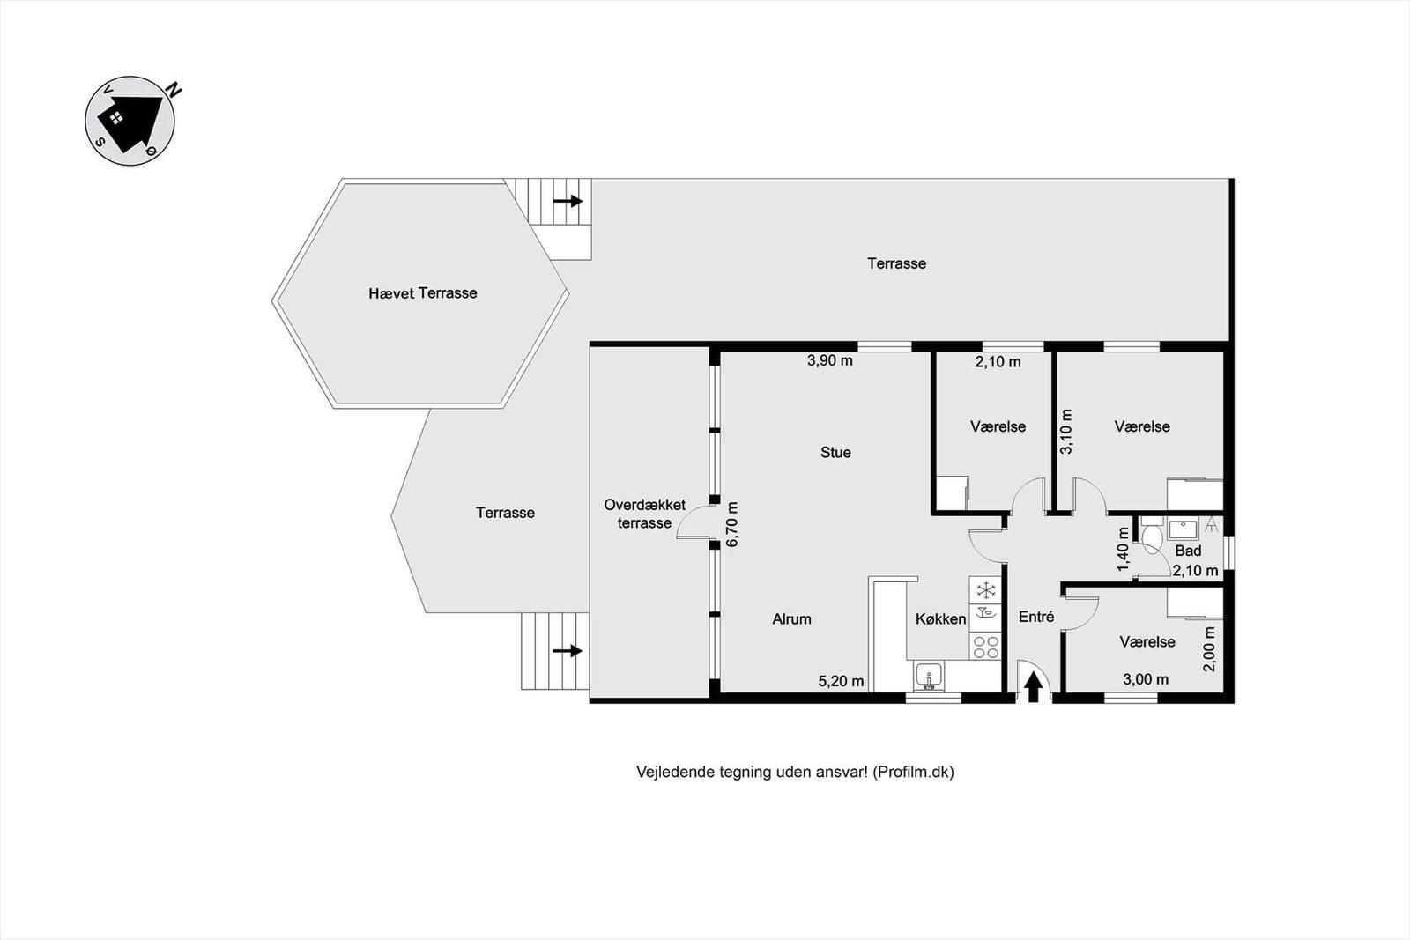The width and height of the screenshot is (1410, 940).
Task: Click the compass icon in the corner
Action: pos(130,120)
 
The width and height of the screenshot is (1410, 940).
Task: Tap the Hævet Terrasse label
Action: pos(423,293)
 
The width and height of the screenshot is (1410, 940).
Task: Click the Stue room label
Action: pos(836,453)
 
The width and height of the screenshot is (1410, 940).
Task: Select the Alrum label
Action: pos(792,619)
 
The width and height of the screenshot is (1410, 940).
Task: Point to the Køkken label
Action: pos(941,619)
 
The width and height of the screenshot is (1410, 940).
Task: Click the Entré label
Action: pos(1036,617)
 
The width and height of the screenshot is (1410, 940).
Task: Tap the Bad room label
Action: pos(1189,551)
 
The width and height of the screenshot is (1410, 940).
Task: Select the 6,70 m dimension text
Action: pos(732,524)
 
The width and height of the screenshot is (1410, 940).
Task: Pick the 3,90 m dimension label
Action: pos(830,360)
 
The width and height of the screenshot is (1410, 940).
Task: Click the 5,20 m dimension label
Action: pos(841,681)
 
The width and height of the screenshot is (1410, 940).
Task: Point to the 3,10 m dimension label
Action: pos(1066,432)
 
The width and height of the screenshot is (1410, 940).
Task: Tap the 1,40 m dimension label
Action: pos(1124,549)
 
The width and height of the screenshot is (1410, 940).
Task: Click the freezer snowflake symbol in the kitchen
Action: pos(985,590)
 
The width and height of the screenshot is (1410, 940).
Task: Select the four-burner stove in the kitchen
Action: pos(985,647)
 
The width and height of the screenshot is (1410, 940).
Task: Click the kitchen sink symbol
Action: pos(929,677)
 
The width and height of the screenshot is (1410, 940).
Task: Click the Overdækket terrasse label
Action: pos(644,514)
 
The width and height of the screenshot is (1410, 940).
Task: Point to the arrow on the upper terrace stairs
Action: pos(568,202)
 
